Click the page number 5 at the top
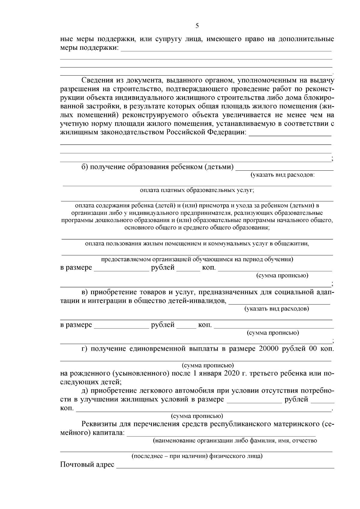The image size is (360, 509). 197,26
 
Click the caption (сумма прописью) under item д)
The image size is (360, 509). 197,416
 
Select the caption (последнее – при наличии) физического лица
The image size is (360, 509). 197,457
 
